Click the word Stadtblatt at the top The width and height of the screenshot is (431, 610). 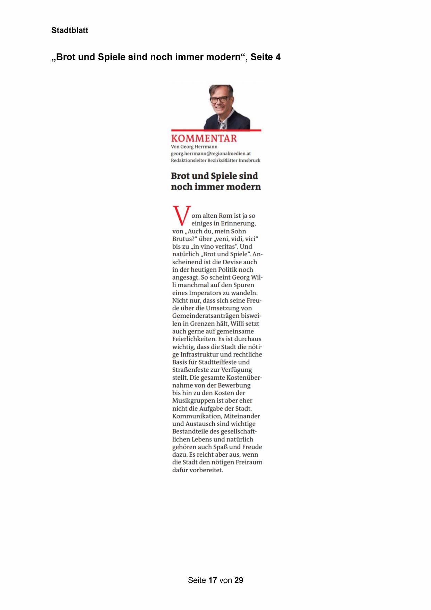70,31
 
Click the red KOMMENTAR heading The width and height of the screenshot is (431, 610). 204,138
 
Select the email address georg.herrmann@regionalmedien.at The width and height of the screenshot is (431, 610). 210,153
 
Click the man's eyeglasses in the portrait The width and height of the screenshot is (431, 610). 219,99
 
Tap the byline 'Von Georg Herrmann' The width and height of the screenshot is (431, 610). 194,147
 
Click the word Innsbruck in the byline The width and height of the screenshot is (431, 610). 249,160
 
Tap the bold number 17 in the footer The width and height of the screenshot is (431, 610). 213,580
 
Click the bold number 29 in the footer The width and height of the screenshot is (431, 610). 239,580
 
